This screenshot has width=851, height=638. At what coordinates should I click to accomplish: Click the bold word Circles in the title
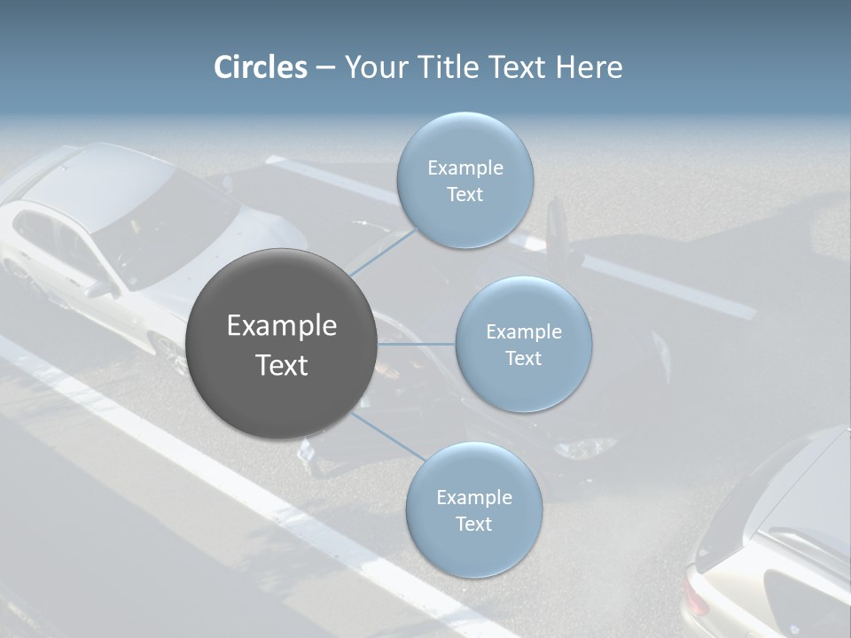tap(261, 67)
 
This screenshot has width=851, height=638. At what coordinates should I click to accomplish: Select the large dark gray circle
tap(282, 344)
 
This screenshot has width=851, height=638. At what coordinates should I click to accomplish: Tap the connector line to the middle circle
tap(417, 344)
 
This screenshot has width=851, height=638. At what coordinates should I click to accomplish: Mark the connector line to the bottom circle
tap(388, 436)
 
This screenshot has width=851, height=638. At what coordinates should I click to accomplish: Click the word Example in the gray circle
tap(282, 326)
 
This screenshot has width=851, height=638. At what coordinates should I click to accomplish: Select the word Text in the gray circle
tap(282, 365)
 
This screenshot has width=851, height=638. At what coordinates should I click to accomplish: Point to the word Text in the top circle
tap(465, 195)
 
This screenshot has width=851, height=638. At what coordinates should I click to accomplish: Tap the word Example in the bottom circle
tap(473, 497)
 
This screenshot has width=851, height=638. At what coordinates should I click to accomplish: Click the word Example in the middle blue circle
tap(523, 332)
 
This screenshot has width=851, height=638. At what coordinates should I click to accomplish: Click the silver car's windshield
tap(168, 222)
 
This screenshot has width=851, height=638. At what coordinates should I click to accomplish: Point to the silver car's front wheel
tap(168, 353)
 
